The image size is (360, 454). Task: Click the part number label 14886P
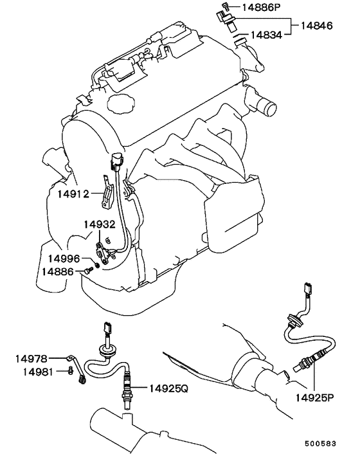261,7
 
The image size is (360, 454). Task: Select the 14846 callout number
316,26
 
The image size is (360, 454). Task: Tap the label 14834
266,35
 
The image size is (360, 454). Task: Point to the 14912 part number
73,194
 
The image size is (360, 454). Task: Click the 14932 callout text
100,224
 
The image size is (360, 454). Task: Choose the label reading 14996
64,259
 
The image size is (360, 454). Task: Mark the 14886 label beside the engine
58,271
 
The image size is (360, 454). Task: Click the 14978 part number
31,359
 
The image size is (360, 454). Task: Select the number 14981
38,372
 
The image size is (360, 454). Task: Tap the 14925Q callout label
168,388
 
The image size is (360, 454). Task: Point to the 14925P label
314,397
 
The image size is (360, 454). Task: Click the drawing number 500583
320,444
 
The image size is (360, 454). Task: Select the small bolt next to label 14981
69,371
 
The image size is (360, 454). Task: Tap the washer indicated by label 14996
97,265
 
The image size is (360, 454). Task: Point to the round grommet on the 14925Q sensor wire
106,349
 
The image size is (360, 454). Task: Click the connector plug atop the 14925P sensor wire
307,288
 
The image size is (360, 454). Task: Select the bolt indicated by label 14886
87,271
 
